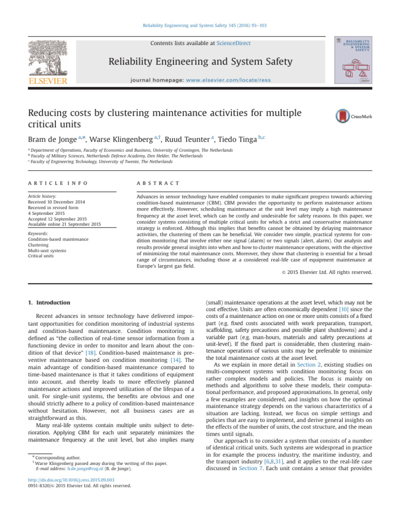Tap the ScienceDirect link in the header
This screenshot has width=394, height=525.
pyautogui.click(x=233, y=44)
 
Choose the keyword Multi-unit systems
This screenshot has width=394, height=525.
pyautogui.click(x=47, y=251)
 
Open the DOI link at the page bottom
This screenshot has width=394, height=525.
pyautogui.click(x=67, y=495)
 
